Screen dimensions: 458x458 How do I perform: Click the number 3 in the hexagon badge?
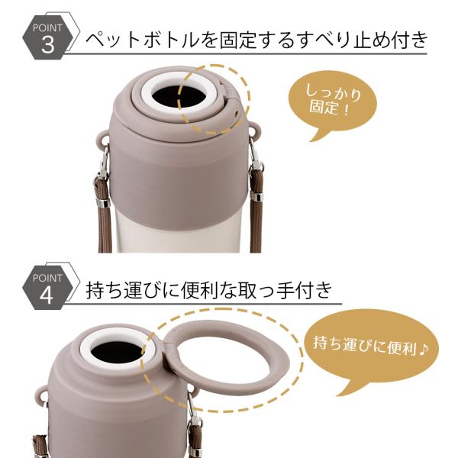pyautogui.click(x=48, y=45)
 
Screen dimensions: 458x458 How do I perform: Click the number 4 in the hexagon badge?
pyautogui.click(x=46, y=295)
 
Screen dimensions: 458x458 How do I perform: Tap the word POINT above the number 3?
pyautogui.click(x=47, y=28)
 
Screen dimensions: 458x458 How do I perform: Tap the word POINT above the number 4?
pyautogui.click(x=47, y=278)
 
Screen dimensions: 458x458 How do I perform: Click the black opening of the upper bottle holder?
pyautogui.click(x=179, y=96)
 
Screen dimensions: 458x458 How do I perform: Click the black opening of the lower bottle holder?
pyautogui.click(x=117, y=351)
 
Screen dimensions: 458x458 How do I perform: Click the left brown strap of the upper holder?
pyautogui.click(x=103, y=213)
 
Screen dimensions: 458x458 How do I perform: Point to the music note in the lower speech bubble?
pyautogui.click(x=423, y=349)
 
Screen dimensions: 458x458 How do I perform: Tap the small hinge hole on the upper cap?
pyautogui.click(x=237, y=113)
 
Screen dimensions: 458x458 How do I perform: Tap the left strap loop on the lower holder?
pyautogui.click(x=42, y=394)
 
